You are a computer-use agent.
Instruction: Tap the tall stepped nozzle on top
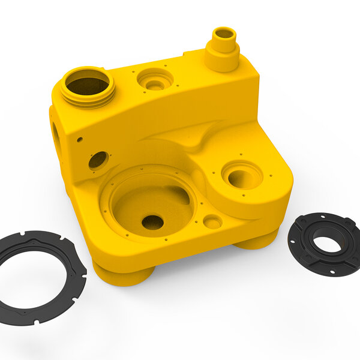(223, 49)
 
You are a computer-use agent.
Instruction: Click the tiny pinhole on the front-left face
(79, 139)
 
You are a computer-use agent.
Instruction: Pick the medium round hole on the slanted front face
(98, 160)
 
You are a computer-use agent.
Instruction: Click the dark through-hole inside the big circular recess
(152, 222)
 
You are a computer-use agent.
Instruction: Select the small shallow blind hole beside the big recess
(212, 222)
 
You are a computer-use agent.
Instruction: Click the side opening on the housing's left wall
(56, 135)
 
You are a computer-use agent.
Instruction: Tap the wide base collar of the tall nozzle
(222, 60)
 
